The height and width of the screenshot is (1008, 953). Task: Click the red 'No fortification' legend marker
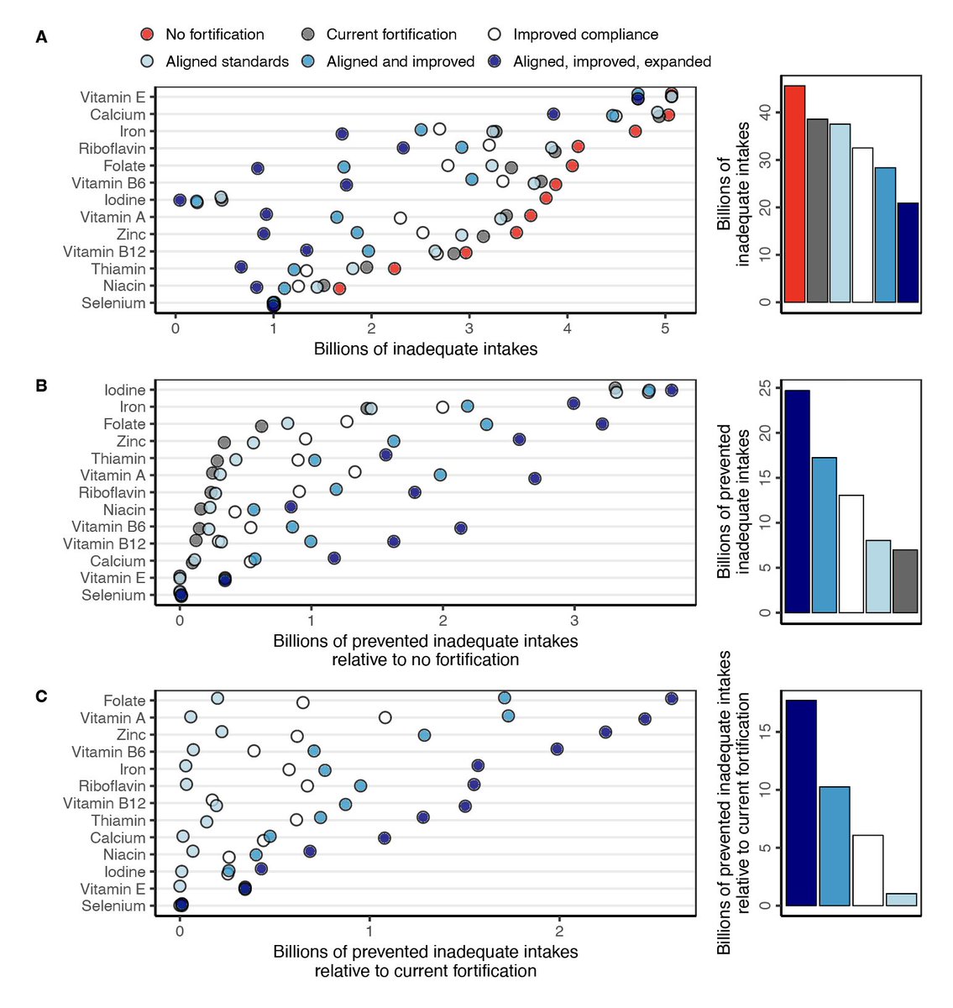pyautogui.click(x=148, y=34)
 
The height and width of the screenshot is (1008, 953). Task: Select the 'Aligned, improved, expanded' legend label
pyautogui.click(x=612, y=61)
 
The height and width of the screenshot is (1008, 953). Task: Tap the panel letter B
pyautogui.click(x=41, y=386)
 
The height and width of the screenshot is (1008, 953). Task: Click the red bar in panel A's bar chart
pyautogui.click(x=794, y=194)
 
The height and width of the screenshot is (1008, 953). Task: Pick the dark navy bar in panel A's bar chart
pyautogui.click(x=908, y=252)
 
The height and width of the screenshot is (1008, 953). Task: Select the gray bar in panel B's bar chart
pyautogui.click(x=905, y=581)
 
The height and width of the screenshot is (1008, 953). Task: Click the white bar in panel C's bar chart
pyautogui.click(x=867, y=870)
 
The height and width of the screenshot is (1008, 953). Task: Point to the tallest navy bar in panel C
pyautogui.click(x=801, y=802)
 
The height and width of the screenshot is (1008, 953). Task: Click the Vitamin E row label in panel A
pyautogui.click(x=113, y=97)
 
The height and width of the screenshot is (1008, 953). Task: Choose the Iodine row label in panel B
pyautogui.click(x=124, y=390)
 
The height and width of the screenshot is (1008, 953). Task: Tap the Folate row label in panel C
pyautogui.click(x=124, y=701)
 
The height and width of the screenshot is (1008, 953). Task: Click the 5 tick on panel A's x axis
pyautogui.click(x=665, y=328)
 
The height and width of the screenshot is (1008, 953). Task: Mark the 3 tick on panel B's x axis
pyautogui.click(x=574, y=621)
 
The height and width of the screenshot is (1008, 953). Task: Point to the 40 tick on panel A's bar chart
pyautogui.click(x=765, y=113)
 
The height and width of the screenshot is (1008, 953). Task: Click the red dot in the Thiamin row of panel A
pyautogui.click(x=395, y=269)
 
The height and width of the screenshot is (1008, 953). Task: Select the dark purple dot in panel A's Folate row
pyautogui.click(x=258, y=168)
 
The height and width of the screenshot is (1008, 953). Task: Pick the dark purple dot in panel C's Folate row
pyautogui.click(x=671, y=699)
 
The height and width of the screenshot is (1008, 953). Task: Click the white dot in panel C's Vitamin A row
pyautogui.click(x=385, y=717)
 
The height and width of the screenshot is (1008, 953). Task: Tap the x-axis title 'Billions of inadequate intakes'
pyautogui.click(x=425, y=349)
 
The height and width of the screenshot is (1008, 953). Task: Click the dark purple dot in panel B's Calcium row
pyautogui.click(x=334, y=558)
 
